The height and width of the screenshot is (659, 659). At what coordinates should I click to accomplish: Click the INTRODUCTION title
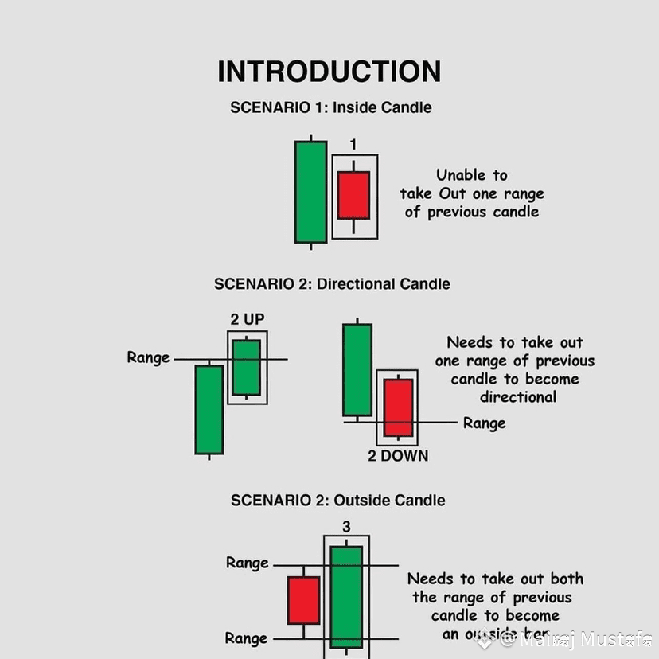point(329,72)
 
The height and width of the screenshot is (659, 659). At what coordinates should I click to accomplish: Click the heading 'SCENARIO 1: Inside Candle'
point(330,107)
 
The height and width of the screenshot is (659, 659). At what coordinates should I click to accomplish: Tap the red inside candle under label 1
point(353,195)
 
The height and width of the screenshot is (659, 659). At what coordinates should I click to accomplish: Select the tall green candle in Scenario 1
point(310,191)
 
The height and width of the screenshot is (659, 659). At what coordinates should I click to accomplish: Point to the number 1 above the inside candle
point(353,145)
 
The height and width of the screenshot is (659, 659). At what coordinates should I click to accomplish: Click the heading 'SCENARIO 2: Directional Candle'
point(332,284)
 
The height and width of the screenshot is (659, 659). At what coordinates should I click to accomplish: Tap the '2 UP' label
point(248,319)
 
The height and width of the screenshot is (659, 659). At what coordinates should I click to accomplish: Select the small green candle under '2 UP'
point(247,367)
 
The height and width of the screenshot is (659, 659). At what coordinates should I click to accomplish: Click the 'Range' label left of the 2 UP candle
point(148,357)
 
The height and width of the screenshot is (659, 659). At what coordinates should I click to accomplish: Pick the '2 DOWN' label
point(398,456)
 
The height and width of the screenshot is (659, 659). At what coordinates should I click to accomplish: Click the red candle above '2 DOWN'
point(398,407)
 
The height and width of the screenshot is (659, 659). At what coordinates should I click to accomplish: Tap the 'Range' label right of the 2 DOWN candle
point(484,423)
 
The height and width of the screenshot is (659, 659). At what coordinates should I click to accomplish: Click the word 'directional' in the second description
point(518,397)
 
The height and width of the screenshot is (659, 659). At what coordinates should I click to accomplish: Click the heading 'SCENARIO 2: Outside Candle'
point(337,501)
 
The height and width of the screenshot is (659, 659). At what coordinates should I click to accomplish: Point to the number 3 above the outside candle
point(346,527)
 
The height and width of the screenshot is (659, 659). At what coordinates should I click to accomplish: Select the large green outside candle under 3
point(346,597)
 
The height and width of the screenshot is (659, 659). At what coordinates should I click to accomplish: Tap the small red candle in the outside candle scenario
point(303,600)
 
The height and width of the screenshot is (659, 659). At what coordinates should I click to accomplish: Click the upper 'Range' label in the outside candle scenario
point(247,563)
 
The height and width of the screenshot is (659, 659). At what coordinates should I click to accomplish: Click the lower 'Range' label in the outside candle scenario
point(246,638)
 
